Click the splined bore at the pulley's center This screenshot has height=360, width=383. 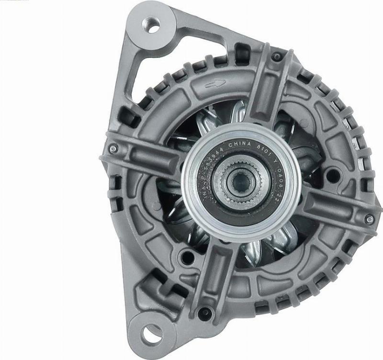[x=237, y=181]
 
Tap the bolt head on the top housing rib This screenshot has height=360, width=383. [x=276, y=57]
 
